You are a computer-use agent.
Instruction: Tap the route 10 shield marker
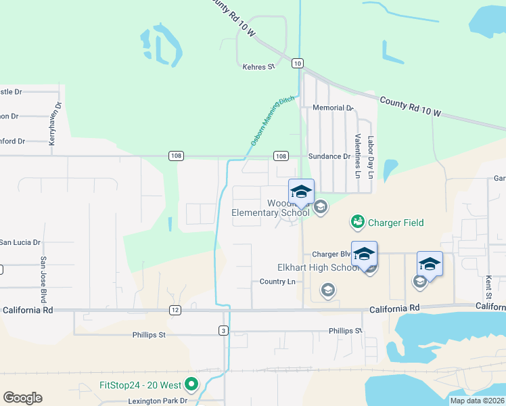point(298,63)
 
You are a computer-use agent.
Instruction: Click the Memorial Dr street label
point(333,108)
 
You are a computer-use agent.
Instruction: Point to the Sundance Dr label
point(329,156)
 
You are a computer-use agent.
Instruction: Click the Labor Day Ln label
point(371,157)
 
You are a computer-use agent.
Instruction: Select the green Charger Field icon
point(356,222)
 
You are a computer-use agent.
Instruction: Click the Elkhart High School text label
point(318,267)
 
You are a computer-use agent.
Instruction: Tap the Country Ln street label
point(277,281)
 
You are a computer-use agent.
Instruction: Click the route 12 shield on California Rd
point(176,309)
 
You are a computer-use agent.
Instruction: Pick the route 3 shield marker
point(223,330)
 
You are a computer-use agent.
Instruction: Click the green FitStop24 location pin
point(191,386)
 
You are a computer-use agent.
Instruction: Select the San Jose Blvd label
point(43,279)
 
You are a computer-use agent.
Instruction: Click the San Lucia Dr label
point(20,242)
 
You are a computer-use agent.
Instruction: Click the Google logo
point(22,398)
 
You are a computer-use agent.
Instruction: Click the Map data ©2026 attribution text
point(476,401)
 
